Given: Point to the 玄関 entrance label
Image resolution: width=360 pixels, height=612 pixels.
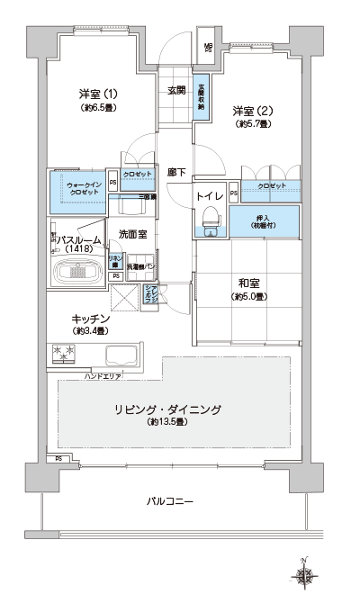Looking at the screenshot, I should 176,90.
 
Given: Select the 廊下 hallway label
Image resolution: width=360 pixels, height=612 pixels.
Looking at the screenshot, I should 176,171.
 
